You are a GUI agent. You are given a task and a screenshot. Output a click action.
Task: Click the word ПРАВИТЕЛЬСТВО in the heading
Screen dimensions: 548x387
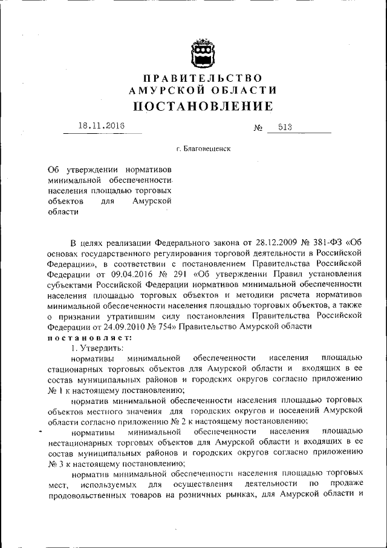point(203,78)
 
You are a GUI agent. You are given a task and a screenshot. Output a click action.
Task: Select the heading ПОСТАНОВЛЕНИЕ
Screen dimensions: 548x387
point(203,107)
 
